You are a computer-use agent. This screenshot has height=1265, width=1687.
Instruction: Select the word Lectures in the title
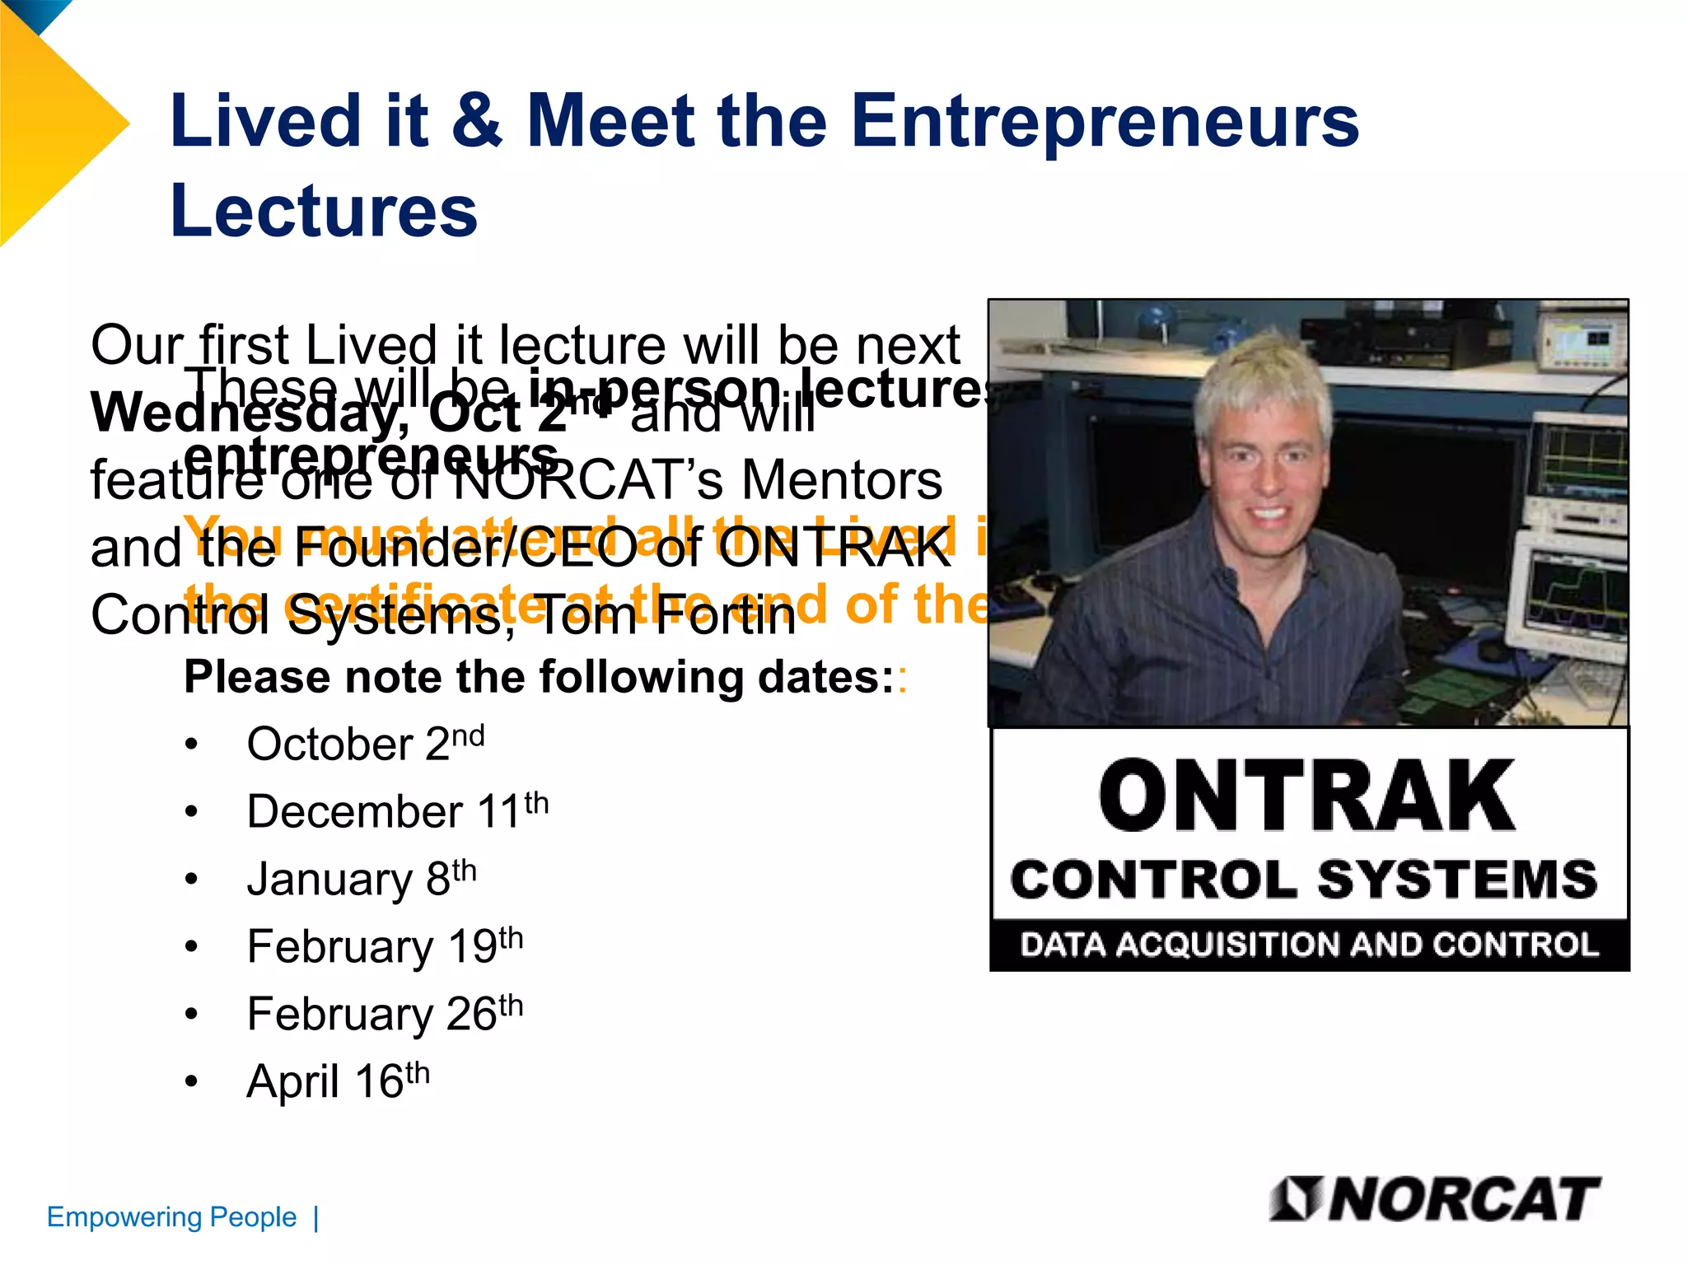[x=324, y=211]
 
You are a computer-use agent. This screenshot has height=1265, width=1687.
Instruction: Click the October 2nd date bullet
[x=365, y=744]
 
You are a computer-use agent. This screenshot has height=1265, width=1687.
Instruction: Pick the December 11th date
[x=397, y=811]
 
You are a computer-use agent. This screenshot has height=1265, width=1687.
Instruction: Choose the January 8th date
[x=362, y=879]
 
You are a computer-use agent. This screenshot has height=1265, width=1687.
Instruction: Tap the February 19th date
[x=385, y=945]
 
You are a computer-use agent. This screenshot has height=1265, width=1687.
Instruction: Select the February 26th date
[x=385, y=1013]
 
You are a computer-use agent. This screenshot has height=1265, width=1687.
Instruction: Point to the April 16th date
[x=338, y=1081]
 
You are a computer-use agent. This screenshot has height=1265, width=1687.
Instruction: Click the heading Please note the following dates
[x=540, y=677]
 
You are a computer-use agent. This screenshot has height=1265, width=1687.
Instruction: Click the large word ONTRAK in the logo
[x=1308, y=796]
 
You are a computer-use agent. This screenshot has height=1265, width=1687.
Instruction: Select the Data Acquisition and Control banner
[x=1309, y=945]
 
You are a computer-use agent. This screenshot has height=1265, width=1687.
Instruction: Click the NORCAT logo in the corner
[x=1435, y=1199]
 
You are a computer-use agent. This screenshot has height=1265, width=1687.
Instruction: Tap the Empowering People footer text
[x=171, y=1217]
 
